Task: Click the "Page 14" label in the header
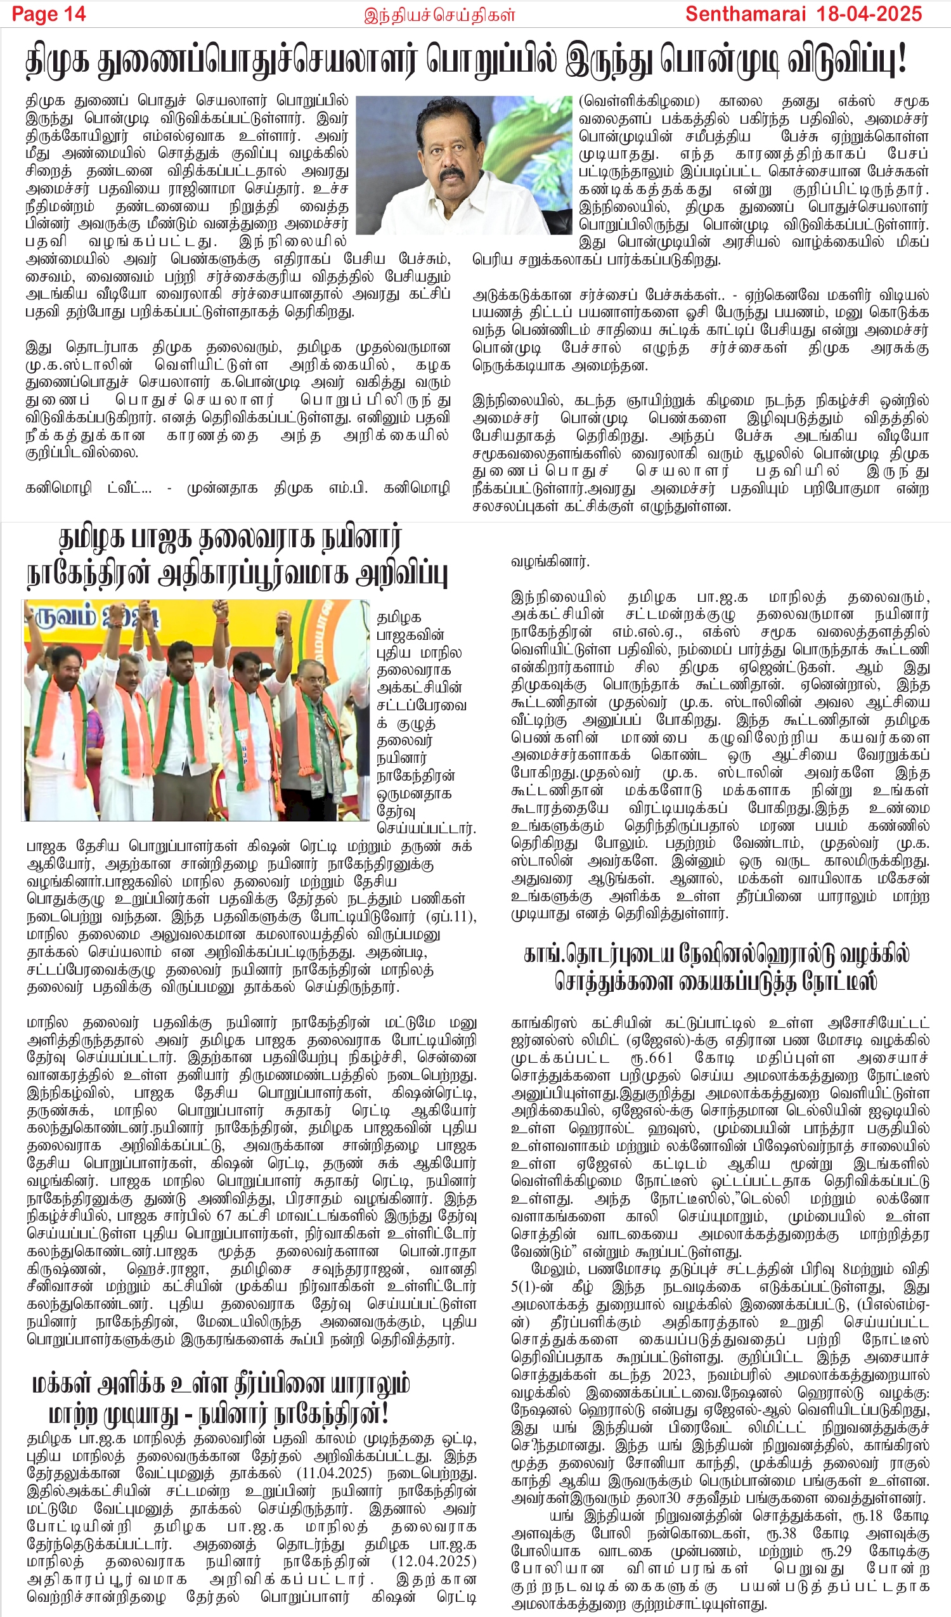pyautogui.click(x=49, y=13)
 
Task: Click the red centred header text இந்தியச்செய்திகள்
pyautogui.click(x=439, y=15)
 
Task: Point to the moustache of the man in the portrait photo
pyautogui.click(x=453, y=174)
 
